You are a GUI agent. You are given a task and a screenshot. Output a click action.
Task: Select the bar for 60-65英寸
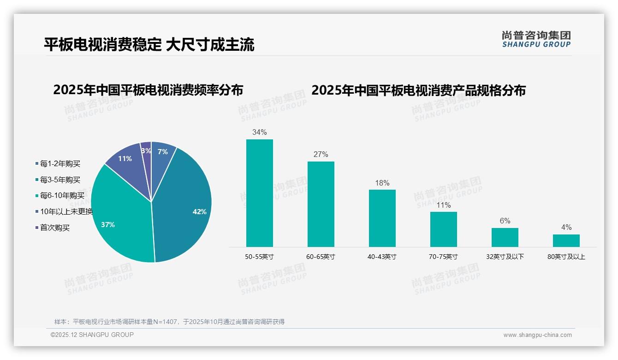click(x=321, y=204)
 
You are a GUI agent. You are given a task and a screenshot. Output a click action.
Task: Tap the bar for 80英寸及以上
click(x=566, y=240)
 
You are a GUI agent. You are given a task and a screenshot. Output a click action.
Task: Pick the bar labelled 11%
click(x=443, y=229)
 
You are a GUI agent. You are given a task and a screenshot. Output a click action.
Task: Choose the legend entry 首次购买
click(x=54, y=228)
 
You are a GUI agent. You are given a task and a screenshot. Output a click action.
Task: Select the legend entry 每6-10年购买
click(x=62, y=196)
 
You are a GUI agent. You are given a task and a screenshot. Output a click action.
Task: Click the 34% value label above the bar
click(x=259, y=132)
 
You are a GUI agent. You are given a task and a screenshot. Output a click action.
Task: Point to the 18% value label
click(x=382, y=183)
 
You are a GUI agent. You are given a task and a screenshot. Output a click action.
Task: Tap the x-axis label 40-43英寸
click(x=382, y=257)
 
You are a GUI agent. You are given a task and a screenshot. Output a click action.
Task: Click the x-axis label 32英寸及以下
click(x=505, y=257)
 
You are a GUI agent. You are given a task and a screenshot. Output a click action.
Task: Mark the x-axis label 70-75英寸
click(x=443, y=257)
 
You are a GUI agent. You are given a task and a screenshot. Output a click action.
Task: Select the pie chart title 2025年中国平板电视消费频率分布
click(x=148, y=90)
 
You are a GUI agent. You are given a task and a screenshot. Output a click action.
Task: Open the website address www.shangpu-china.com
click(x=537, y=335)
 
